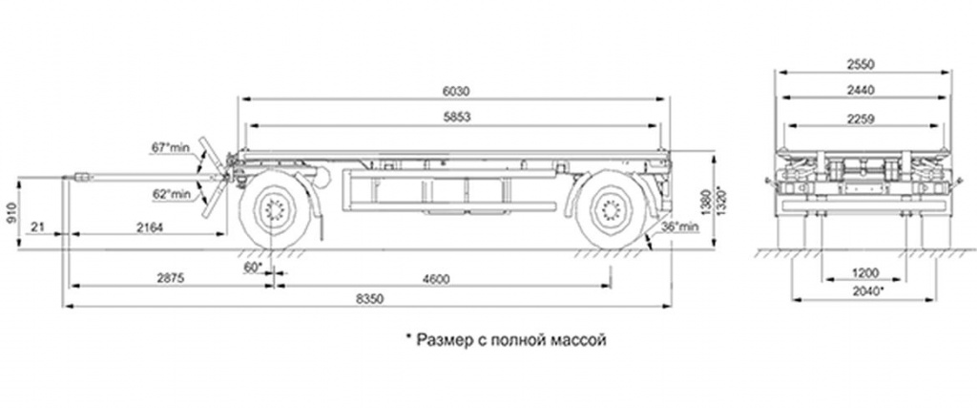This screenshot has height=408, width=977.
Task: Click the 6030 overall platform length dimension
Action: [455, 91]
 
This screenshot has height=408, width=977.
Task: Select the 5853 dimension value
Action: [455, 118]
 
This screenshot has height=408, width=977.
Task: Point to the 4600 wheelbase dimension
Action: [436, 279]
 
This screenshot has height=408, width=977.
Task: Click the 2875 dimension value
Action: [170, 279]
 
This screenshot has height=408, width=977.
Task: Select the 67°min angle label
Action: [170, 148]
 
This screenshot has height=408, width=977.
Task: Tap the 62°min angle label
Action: [172, 194]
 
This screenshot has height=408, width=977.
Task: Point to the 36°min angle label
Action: [680, 226]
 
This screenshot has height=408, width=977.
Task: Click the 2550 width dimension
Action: [862, 64]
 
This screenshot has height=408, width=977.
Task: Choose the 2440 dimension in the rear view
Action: [862, 90]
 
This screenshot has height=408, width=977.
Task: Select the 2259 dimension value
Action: [862, 118]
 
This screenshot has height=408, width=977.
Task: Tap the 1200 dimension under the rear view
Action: [864, 272]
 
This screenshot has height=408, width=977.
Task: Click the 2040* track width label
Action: [867, 291]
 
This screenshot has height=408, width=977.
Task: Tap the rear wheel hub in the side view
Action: [610, 210]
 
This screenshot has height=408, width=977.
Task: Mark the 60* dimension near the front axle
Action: [252, 267]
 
